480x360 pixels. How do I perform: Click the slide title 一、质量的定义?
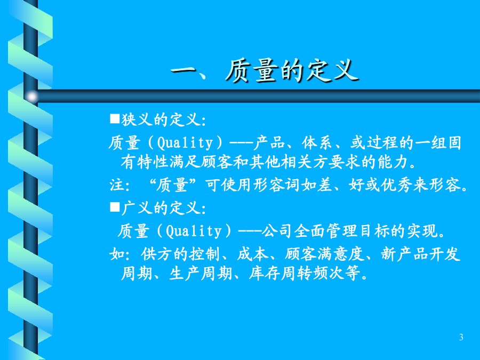click(265, 71)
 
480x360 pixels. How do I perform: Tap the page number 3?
click(461, 338)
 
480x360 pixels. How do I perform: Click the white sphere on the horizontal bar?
click(31, 97)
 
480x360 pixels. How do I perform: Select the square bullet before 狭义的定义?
click(115, 118)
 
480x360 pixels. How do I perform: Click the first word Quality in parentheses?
click(185, 142)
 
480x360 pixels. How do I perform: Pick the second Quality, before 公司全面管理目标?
click(194, 231)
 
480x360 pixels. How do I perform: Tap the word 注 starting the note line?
click(117, 185)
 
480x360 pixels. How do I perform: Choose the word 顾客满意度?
click(324, 254)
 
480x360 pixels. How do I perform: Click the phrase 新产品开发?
click(421, 254)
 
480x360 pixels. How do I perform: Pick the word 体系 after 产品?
click(316, 142)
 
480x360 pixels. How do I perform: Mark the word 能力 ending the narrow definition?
click(393, 162)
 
